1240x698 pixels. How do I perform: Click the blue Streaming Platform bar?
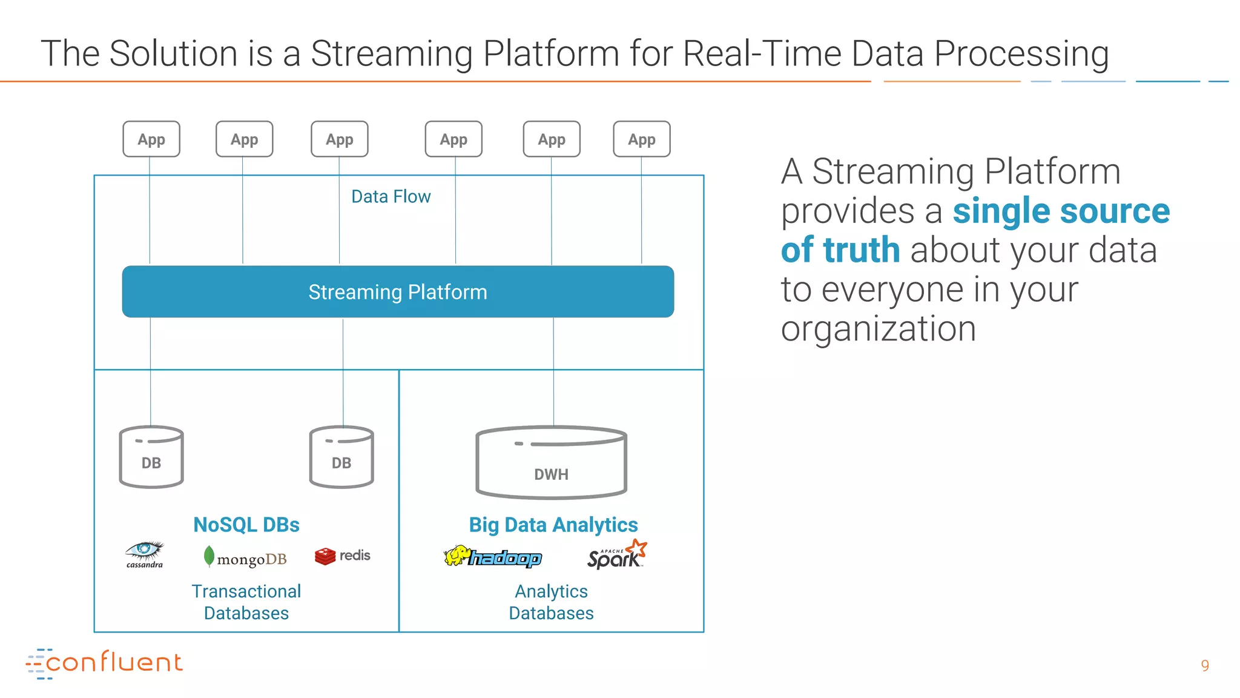tap(398, 291)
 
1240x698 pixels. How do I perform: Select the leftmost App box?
tap(151, 139)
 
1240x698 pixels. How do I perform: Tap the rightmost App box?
tap(642, 139)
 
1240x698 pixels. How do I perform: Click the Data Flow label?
tap(391, 196)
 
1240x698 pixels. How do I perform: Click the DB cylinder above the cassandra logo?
tap(151, 457)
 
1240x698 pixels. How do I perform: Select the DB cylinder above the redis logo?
tap(341, 457)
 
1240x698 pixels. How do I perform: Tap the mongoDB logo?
tap(245, 557)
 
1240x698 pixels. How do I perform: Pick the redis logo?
tap(343, 556)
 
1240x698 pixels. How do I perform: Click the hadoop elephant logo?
tap(493, 556)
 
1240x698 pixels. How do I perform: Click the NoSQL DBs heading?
tap(246, 524)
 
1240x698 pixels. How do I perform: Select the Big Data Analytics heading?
tap(553, 524)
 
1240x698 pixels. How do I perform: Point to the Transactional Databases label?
tap(246, 602)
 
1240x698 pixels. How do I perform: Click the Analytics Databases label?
tap(551, 602)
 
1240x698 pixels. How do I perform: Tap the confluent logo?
tap(104, 663)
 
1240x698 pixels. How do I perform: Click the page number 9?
tap(1205, 665)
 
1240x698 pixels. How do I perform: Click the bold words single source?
tap(1061, 211)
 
